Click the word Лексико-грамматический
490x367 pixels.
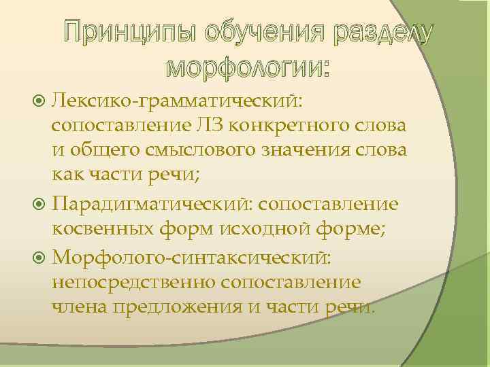point(178,101)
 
